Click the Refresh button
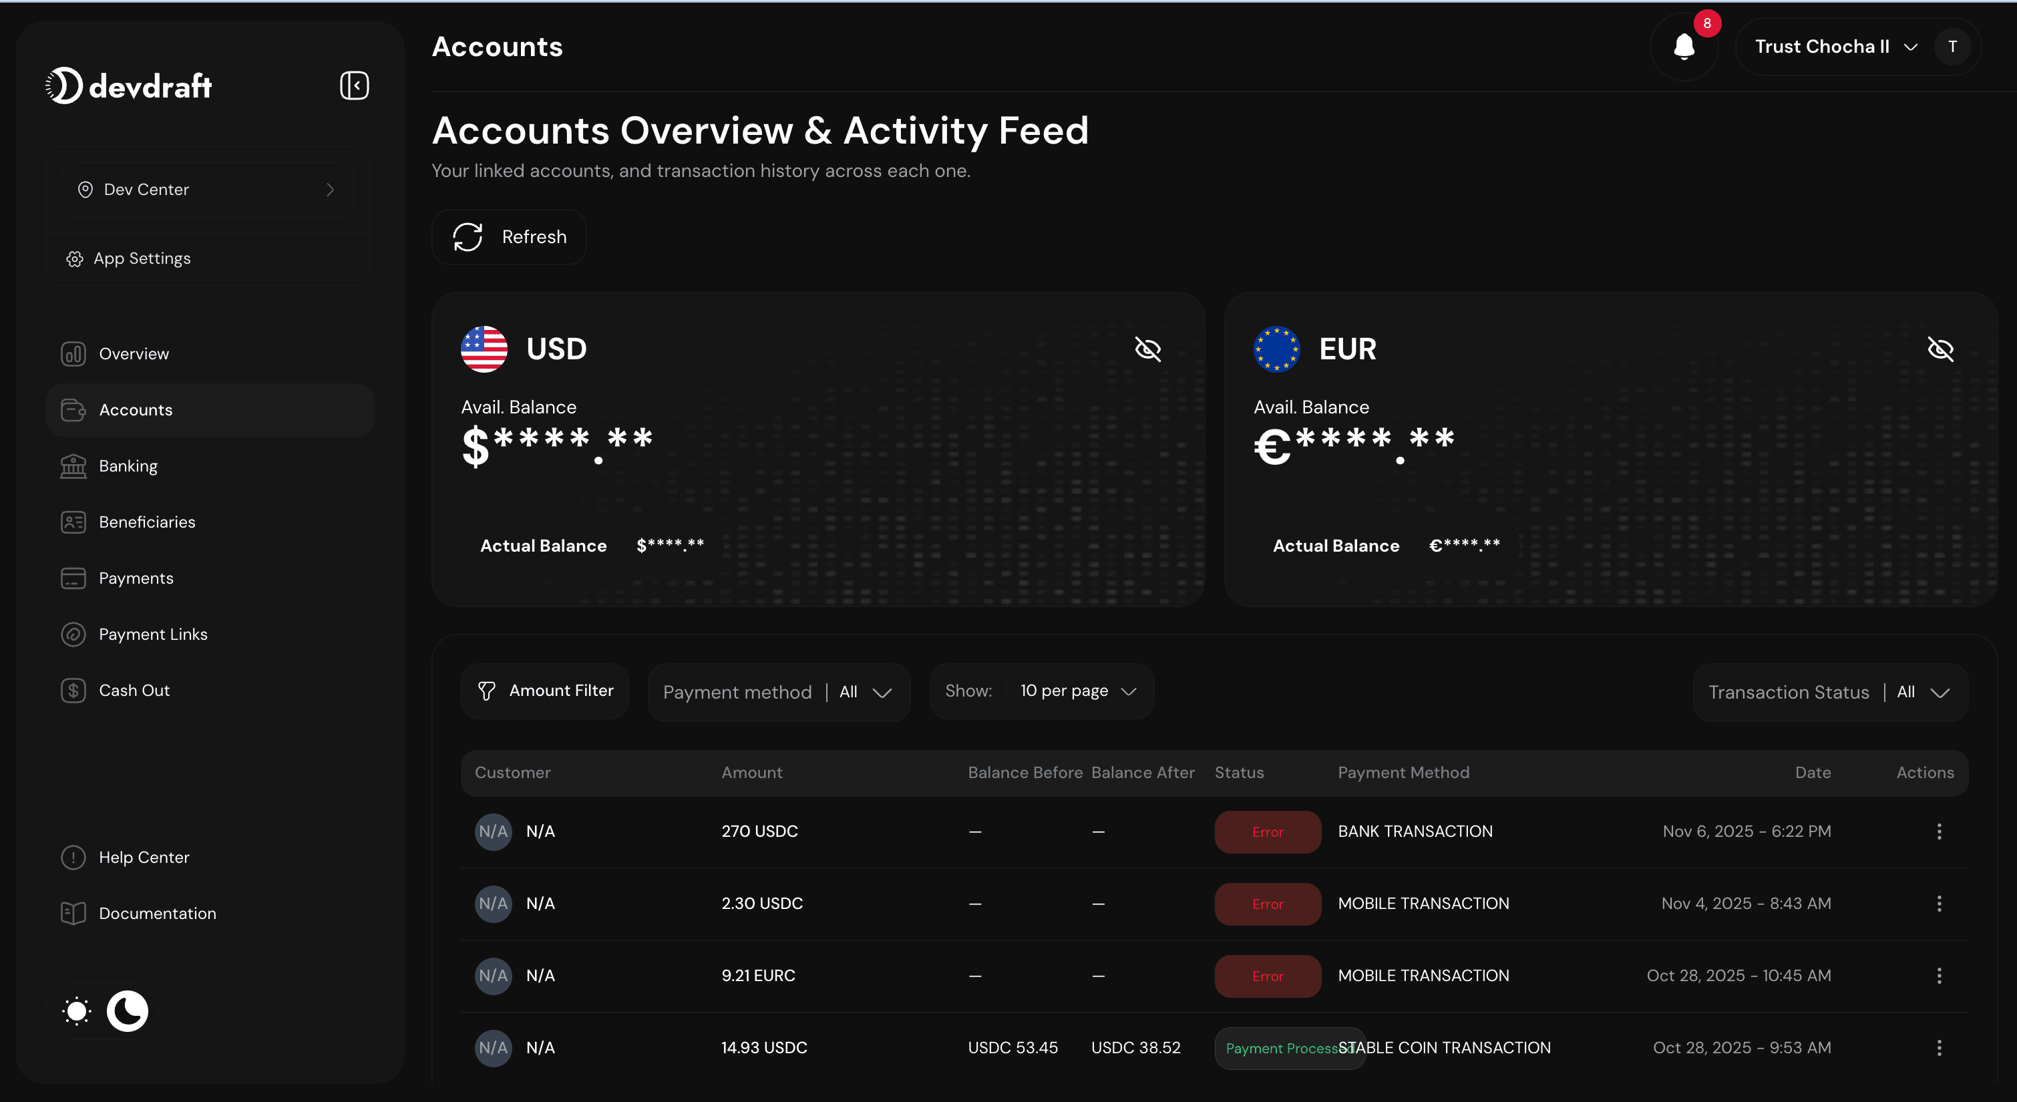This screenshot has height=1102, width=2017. (509, 236)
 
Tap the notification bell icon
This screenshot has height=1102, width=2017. (1684, 47)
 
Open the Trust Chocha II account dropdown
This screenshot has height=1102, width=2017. (1835, 47)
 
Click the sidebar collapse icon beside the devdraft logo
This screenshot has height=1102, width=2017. (354, 85)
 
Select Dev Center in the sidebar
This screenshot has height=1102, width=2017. (207, 190)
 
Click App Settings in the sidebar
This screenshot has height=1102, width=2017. (142, 258)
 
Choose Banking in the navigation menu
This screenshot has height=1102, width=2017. (128, 466)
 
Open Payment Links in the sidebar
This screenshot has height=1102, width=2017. (153, 634)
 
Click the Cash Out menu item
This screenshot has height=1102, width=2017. (134, 691)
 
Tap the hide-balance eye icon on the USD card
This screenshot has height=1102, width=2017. (1148, 349)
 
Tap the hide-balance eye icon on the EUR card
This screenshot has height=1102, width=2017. (1940, 349)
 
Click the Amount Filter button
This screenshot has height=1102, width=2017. (545, 691)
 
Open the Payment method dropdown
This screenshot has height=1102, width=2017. (778, 693)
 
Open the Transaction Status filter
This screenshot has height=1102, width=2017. (1830, 693)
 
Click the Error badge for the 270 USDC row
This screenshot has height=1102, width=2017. (1267, 832)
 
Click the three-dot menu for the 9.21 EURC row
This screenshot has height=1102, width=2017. (1939, 976)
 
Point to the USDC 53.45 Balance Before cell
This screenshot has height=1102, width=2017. (1013, 1048)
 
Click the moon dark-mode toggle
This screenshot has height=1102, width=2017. (128, 1011)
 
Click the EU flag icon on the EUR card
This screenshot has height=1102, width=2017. (1276, 349)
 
